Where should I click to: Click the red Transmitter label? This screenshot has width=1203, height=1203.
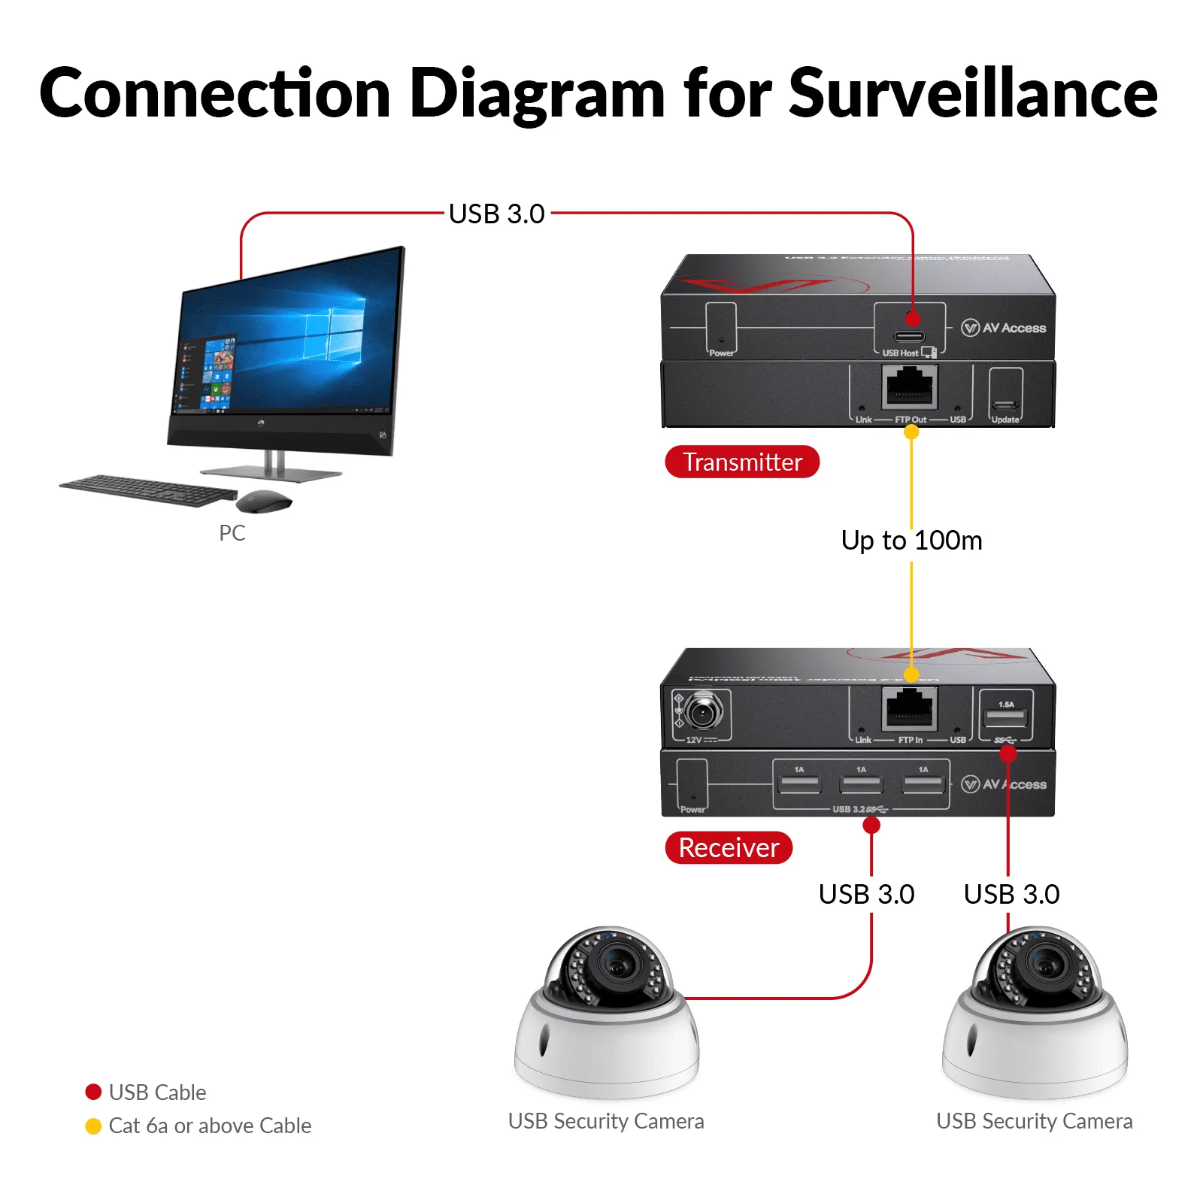(741, 462)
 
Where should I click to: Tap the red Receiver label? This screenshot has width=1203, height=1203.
(728, 847)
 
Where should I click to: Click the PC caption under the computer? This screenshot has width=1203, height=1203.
(232, 533)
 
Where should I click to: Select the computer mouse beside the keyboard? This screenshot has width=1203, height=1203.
(264, 501)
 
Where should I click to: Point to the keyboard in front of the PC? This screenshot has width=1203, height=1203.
(148, 490)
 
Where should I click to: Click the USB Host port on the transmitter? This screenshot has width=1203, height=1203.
(909, 335)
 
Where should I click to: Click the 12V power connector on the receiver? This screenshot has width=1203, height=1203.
(704, 711)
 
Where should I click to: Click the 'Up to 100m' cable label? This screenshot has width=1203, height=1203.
(911, 541)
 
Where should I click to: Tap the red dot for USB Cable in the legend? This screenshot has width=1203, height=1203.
(93, 1092)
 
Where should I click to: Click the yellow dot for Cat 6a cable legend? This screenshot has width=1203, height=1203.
(93, 1126)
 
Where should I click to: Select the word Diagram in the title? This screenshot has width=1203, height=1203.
(537, 95)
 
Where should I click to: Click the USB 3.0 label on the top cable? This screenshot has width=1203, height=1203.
(496, 214)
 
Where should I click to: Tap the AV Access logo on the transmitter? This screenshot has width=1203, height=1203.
(1004, 328)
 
